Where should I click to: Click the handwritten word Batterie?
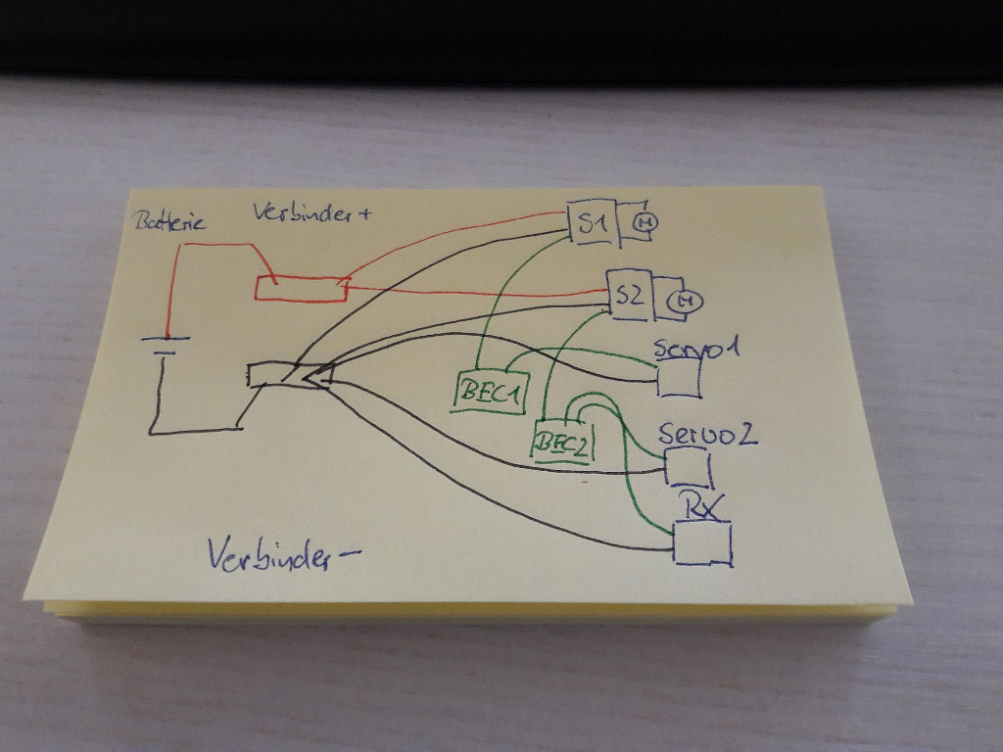[x=169, y=222]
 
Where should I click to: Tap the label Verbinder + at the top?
[x=311, y=211]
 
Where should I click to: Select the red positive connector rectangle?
[x=301, y=288]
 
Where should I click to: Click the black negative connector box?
[x=290, y=375]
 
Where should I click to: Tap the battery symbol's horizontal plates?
[x=164, y=346]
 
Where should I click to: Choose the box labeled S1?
[x=592, y=224]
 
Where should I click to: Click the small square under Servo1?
[x=678, y=379]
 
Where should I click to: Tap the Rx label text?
[x=703, y=507]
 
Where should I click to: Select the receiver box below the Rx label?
[x=702, y=543]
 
